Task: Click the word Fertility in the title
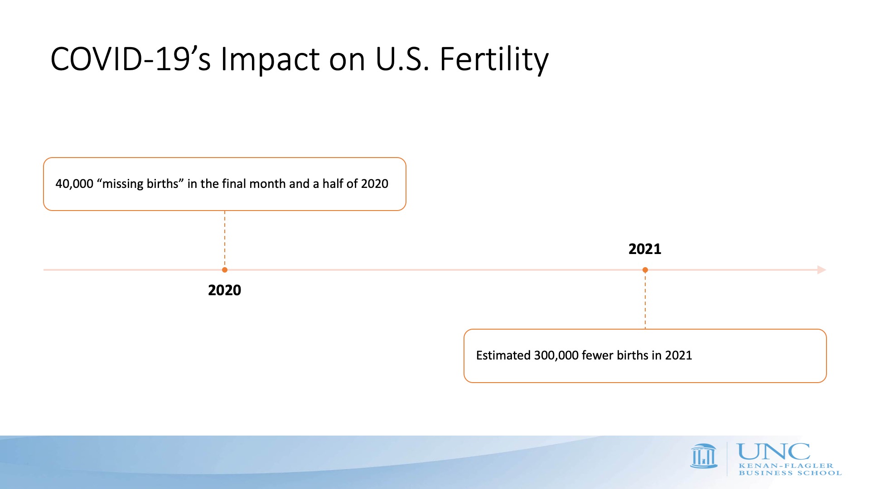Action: [494, 60]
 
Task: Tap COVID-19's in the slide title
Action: [130, 59]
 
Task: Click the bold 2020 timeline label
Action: [224, 290]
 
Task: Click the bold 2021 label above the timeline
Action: [645, 249]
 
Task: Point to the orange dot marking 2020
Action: [225, 270]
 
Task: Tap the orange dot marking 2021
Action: [645, 270]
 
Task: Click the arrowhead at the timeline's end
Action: [822, 270]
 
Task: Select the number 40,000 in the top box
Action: [74, 184]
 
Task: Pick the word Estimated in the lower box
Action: [503, 355]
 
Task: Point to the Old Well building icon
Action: [704, 456]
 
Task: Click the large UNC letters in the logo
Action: [774, 452]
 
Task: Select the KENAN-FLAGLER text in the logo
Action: [786, 465]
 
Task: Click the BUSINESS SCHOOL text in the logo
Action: [790, 473]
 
